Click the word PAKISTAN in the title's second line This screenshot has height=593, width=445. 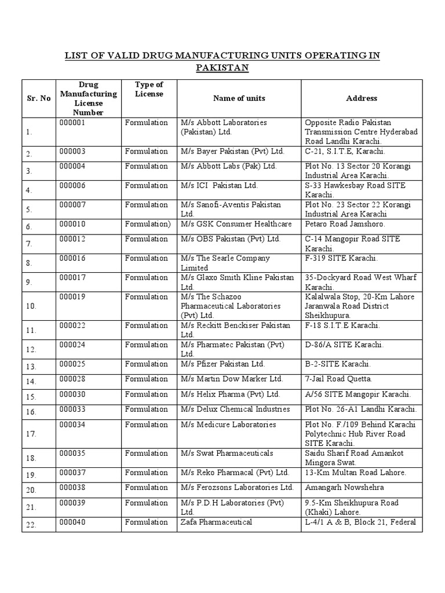[x=222, y=68]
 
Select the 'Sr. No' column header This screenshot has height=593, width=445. [x=39, y=98]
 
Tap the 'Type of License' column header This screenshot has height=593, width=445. [x=149, y=89]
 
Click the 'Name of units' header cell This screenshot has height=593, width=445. [x=239, y=98]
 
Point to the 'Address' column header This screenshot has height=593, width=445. [x=362, y=98]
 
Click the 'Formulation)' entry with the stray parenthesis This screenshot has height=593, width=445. [x=148, y=224]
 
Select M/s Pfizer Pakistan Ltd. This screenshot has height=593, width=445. [x=222, y=364]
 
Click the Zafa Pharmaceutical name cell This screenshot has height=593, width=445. [x=216, y=522]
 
